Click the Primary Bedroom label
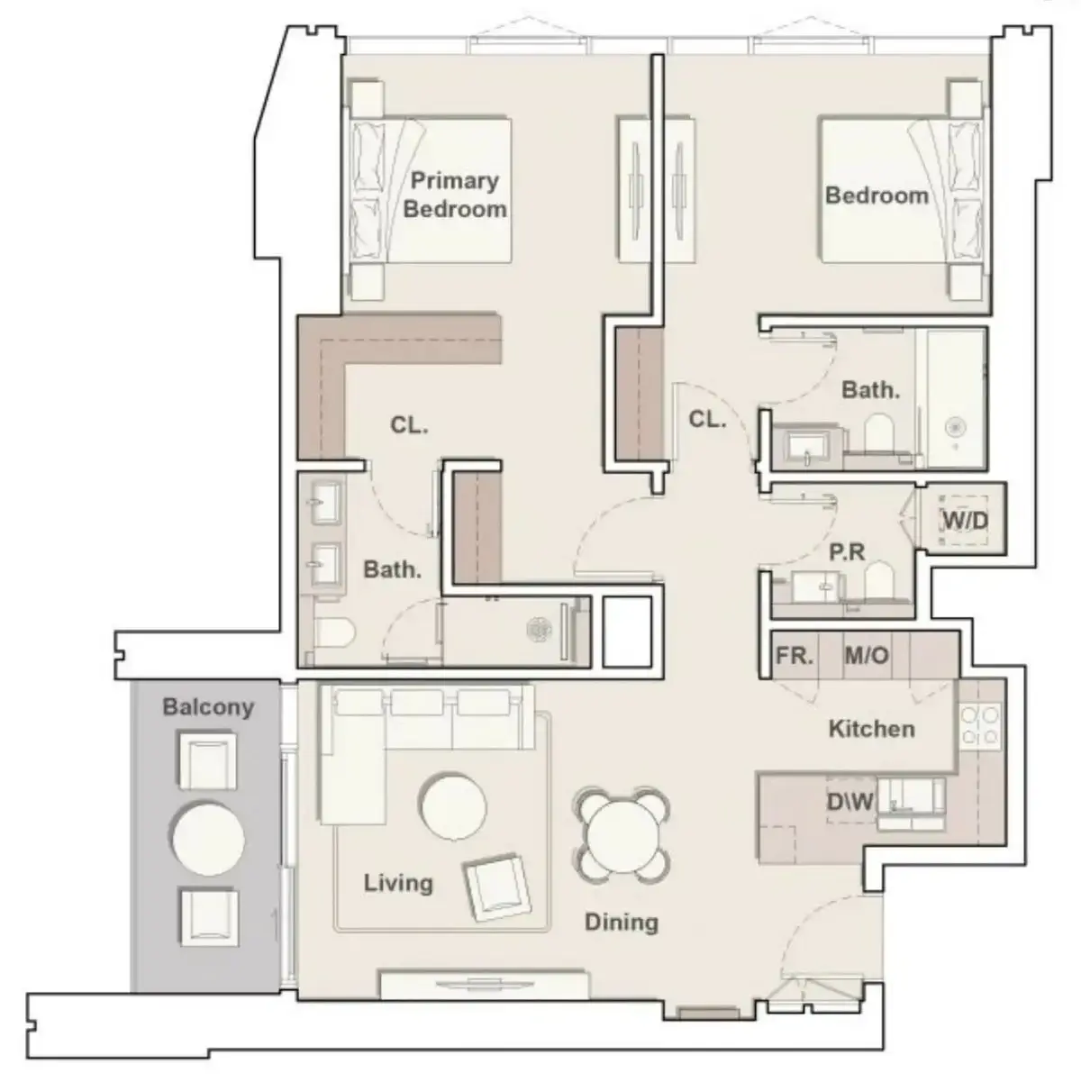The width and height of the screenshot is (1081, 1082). [x=455, y=195]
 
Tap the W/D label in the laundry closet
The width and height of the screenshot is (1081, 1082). [x=965, y=521]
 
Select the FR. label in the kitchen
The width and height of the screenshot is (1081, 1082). [x=794, y=655]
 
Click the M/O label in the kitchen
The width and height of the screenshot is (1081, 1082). [x=867, y=655]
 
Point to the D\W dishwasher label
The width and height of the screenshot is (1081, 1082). [x=850, y=801]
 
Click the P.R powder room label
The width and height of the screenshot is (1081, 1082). [x=847, y=552]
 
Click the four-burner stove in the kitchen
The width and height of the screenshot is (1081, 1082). [x=980, y=725]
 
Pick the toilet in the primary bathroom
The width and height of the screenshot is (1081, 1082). [x=335, y=634]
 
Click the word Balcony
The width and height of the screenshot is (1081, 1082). [x=208, y=707]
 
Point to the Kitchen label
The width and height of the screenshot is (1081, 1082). [x=871, y=729]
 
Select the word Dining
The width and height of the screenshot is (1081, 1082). [x=622, y=922]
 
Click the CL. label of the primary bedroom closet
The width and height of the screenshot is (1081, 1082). [x=409, y=425]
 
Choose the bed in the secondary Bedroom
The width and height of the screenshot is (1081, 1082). [x=902, y=190]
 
